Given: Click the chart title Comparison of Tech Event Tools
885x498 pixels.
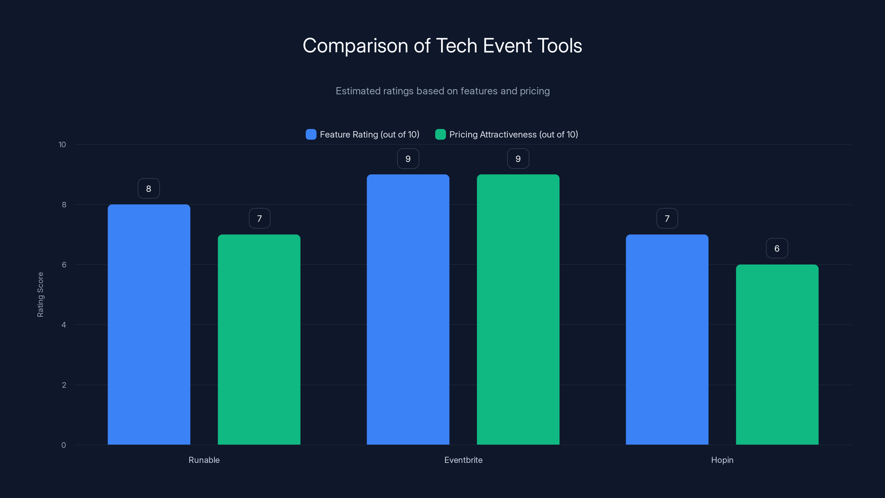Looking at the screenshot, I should [x=442, y=46].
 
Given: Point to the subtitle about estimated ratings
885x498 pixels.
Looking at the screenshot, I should [x=442, y=91].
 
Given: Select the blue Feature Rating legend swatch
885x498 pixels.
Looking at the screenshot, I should [x=311, y=134].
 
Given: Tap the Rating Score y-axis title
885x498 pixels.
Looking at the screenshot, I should [x=40, y=295].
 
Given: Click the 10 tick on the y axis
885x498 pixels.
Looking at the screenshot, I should [x=62, y=145].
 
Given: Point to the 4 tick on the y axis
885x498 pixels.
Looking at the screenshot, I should [x=64, y=325].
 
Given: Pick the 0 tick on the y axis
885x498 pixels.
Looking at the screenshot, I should [x=64, y=445].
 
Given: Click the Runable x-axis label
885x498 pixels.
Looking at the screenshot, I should [x=204, y=460].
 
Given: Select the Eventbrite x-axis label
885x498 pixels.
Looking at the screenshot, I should [x=463, y=460].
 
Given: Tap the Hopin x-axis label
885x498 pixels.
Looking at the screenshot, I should [x=722, y=460].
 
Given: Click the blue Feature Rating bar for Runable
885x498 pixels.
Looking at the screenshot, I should [x=149, y=325].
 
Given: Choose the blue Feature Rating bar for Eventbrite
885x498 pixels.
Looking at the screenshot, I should [x=408, y=309].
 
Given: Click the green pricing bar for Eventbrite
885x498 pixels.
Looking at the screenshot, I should [x=518, y=309].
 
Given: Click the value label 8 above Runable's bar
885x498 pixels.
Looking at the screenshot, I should [x=149, y=189].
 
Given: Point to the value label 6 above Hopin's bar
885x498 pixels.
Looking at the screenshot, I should [x=777, y=248].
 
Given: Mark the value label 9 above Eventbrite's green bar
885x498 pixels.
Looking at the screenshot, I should [x=518, y=159].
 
